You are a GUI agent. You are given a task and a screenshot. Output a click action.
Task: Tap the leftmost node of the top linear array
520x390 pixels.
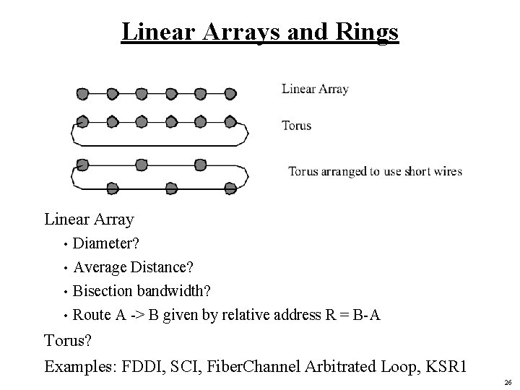point(83,93)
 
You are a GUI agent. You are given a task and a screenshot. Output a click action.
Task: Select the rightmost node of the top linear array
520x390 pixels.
point(230,93)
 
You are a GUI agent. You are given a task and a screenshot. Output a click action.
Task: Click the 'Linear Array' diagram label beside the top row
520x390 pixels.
point(315,90)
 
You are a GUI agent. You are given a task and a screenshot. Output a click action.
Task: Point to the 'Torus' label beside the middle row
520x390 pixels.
point(296,126)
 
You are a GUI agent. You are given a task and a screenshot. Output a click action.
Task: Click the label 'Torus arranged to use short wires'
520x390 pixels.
point(375,172)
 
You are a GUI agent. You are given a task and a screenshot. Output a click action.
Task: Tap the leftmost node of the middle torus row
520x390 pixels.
point(83,120)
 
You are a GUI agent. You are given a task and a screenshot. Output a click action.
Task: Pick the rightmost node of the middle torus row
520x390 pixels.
point(230,120)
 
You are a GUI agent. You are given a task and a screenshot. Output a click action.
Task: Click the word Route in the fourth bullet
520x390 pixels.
point(92,314)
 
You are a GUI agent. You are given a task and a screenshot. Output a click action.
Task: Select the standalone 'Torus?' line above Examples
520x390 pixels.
point(69,339)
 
